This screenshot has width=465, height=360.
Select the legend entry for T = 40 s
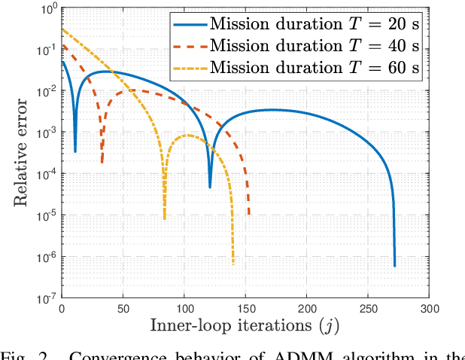click(x=316, y=46)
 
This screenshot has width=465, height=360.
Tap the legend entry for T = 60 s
click(x=316, y=68)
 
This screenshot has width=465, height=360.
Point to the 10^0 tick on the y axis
click(x=47, y=9)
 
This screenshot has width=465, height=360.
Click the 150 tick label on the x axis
click(x=246, y=309)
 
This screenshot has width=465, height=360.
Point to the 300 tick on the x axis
click(x=430, y=309)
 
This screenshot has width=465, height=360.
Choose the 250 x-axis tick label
click(x=369, y=309)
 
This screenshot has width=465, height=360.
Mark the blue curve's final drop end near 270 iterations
click(x=394, y=265)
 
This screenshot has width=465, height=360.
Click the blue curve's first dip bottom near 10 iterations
click(x=75, y=151)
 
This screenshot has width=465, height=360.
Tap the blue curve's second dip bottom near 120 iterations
click(x=210, y=187)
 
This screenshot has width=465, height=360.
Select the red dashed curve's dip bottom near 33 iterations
click(x=102, y=162)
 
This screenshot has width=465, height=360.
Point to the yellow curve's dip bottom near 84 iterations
click(x=165, y=218)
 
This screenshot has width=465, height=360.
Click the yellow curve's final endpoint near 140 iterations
click(x=232, y=264)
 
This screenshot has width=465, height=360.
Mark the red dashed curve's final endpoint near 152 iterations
click(x=249, y=214)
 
